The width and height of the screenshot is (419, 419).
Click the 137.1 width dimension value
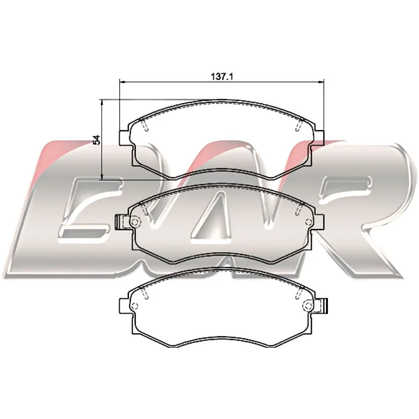tap(222, 77)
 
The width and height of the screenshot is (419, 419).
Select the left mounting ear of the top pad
tap(125, 138)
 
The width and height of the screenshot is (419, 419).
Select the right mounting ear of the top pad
tap(318, 138)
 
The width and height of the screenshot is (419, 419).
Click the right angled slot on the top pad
tap(299, 125)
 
